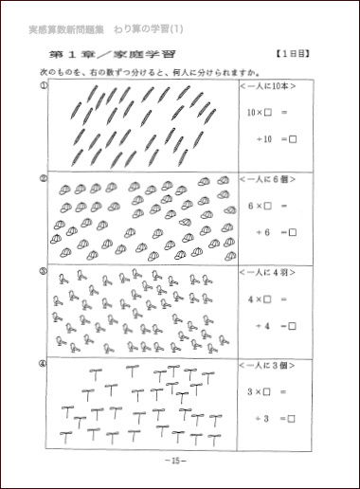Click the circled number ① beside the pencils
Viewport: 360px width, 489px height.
44,85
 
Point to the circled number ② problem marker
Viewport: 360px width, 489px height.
44,177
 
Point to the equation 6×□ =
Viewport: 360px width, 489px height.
268,205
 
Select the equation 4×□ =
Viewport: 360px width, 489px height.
268,299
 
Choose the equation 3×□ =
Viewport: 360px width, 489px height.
268,390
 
